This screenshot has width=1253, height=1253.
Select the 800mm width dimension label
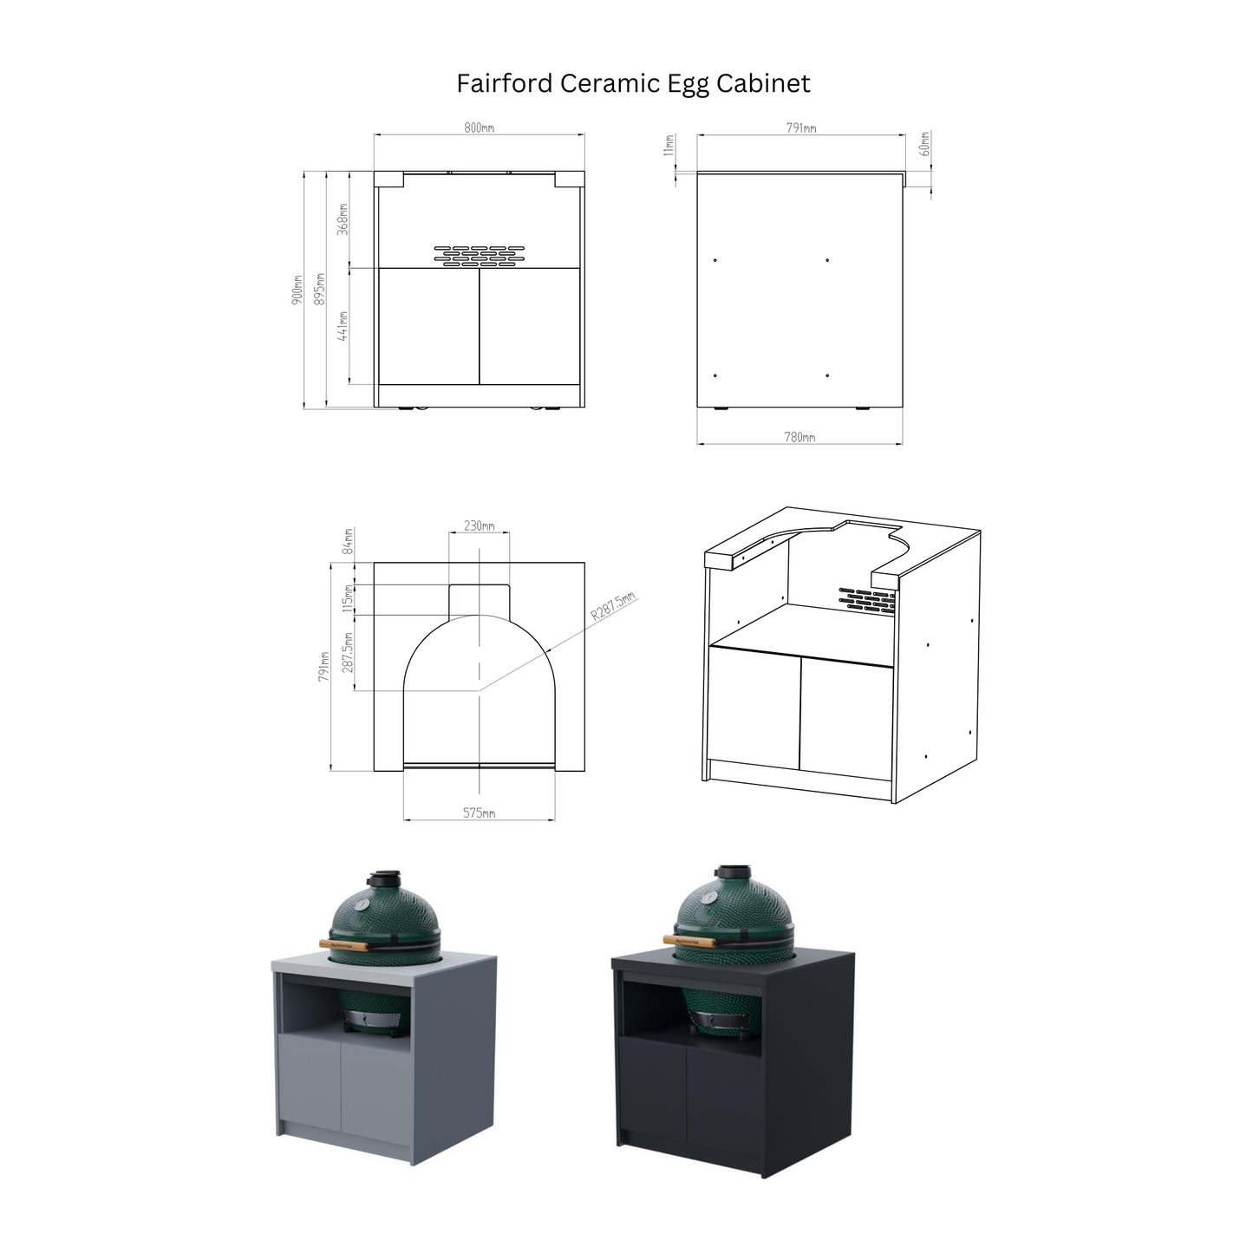pos(479,127)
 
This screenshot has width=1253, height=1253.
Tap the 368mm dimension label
pos(343,219)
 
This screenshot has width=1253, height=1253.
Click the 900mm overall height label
pos(297,289)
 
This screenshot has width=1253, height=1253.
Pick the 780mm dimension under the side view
pos(799,438)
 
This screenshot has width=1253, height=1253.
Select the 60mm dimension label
pos(924,143)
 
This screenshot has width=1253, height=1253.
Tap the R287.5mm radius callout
pos(613,607)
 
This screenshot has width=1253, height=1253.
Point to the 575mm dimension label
pos(479,813)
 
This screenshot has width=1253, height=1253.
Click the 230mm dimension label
pos(479,526)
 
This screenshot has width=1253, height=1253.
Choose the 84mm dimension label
pos(349,541)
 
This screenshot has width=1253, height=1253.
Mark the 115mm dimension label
pos(349,598)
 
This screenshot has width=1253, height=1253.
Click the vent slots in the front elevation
pos(479,255)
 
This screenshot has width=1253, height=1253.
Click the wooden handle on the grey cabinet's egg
pos(343,943)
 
